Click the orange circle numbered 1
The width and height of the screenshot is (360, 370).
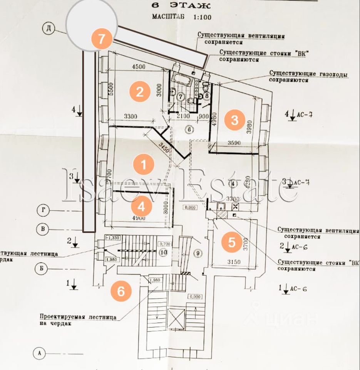point(143,165)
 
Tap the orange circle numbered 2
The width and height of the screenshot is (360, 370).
point(139,91)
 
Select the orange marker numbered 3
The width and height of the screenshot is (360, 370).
point(234,120)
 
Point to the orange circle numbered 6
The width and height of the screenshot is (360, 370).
point(121,291)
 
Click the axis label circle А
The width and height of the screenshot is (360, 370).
point(39,352)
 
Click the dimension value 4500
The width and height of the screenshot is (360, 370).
point(138,66)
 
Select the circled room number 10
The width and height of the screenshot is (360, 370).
point(163,252)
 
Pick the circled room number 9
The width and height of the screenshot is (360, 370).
point(198,253)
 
